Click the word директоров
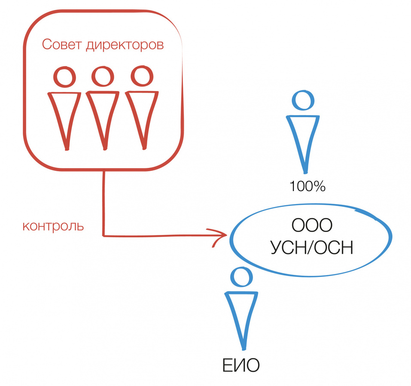point(125,45)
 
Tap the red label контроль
point(53,226)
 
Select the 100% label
point(307,186)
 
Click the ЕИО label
point(241,366)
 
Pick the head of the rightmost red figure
point(140,76)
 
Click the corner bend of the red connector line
point(104,235)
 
